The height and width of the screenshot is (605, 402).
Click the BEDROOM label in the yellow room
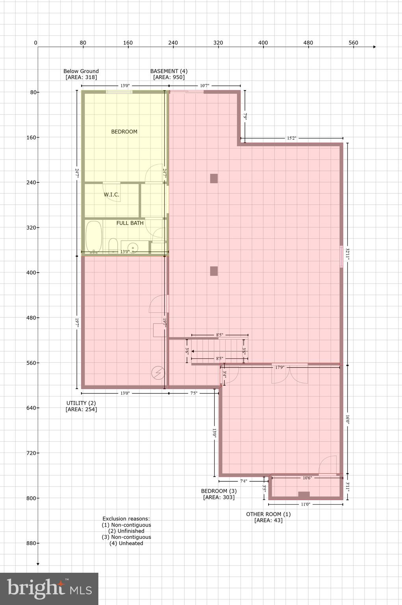tap(124, 132)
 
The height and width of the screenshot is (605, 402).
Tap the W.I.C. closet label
tap(111, 195)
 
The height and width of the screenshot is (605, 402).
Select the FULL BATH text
tap(130, 223)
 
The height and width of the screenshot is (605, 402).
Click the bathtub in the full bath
tap(94, 237)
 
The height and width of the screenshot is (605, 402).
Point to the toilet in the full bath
tap(113, 245)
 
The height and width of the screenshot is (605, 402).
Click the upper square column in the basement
tap(214, 178)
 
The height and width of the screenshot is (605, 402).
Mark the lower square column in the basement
tap(214, 271)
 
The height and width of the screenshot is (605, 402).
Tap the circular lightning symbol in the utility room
tap(159, 373)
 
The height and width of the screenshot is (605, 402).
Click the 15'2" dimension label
tap(291, 138)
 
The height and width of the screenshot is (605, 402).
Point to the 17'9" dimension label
tap(280, 367)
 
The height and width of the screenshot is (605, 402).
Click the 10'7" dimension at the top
tap(204, 85)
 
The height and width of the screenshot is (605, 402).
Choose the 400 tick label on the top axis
tap(263, 43)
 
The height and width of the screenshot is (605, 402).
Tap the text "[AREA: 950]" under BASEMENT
tap(169, 77)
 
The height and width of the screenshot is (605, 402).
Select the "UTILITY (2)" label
tap(81, 403)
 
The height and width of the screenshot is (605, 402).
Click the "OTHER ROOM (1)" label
tap(268, 514)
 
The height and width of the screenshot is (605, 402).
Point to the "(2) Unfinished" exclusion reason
tap(126, 531)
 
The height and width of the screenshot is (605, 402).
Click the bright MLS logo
tap(49, 588)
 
